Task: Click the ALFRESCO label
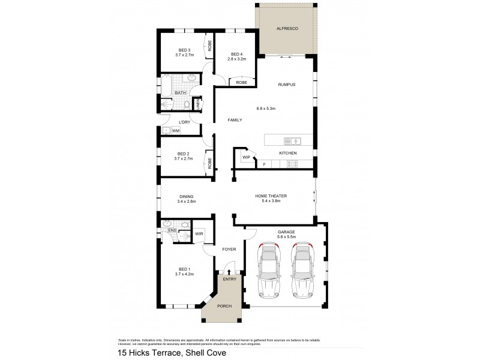click(286, 28)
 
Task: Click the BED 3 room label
click(184, 50)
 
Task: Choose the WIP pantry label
click(245, 157)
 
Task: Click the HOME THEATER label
click(271, 196)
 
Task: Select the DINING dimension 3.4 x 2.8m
click(187, 202)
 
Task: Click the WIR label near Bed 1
click(199, 233)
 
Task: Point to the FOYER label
click(229, 248)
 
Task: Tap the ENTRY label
click(229, 279)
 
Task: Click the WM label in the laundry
click(176, 130)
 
